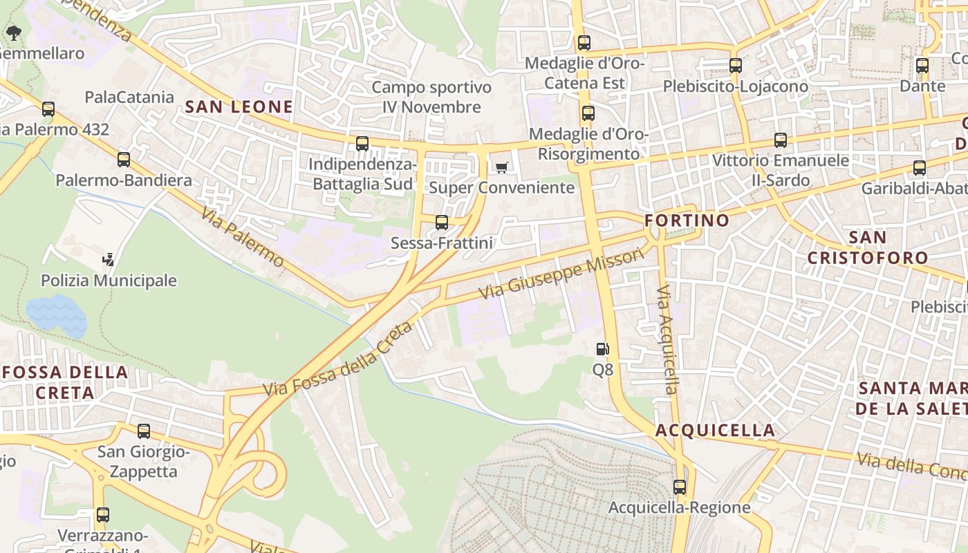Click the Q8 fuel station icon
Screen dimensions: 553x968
pyautogui.click(x=602, y=349)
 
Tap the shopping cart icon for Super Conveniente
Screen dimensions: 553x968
pyautogui.click(x=502, y=167)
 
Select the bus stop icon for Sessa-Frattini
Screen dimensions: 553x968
pyautogui.click(x=442, y=223)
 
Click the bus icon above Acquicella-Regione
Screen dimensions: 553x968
pyautogui.click(x=680, y=487)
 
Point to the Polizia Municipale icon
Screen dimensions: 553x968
pyautogui.click(x=108, y=260)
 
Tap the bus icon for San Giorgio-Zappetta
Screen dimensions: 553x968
pyautogui.click(x=144, y=431)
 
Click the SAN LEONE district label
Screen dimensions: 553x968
pyautogui.click(x=239, y=106)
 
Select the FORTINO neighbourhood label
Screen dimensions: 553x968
pyautogui.click(x=687, y=221)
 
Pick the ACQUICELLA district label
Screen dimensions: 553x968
pyautogui.click(x=715, y=430)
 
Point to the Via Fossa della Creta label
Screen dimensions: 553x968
pyautogui.click(x=337, y=360)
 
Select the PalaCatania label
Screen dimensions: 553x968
pyautogui.click(x=129, y=97)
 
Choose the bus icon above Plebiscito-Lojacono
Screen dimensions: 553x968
pyautogui.click(x=736, y=66)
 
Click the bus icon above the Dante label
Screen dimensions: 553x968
pyautogui.click(x=922, y=66)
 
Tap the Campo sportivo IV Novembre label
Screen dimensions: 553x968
pyautogui.click(x=432, y=97)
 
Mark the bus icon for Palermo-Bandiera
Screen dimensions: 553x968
pyautogui.click(x=124, y=160)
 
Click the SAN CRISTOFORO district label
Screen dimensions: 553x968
pyautogui.click(x=868, y=247)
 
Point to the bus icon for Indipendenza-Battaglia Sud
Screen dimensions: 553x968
pyautogui.click(x=362, y=144)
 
